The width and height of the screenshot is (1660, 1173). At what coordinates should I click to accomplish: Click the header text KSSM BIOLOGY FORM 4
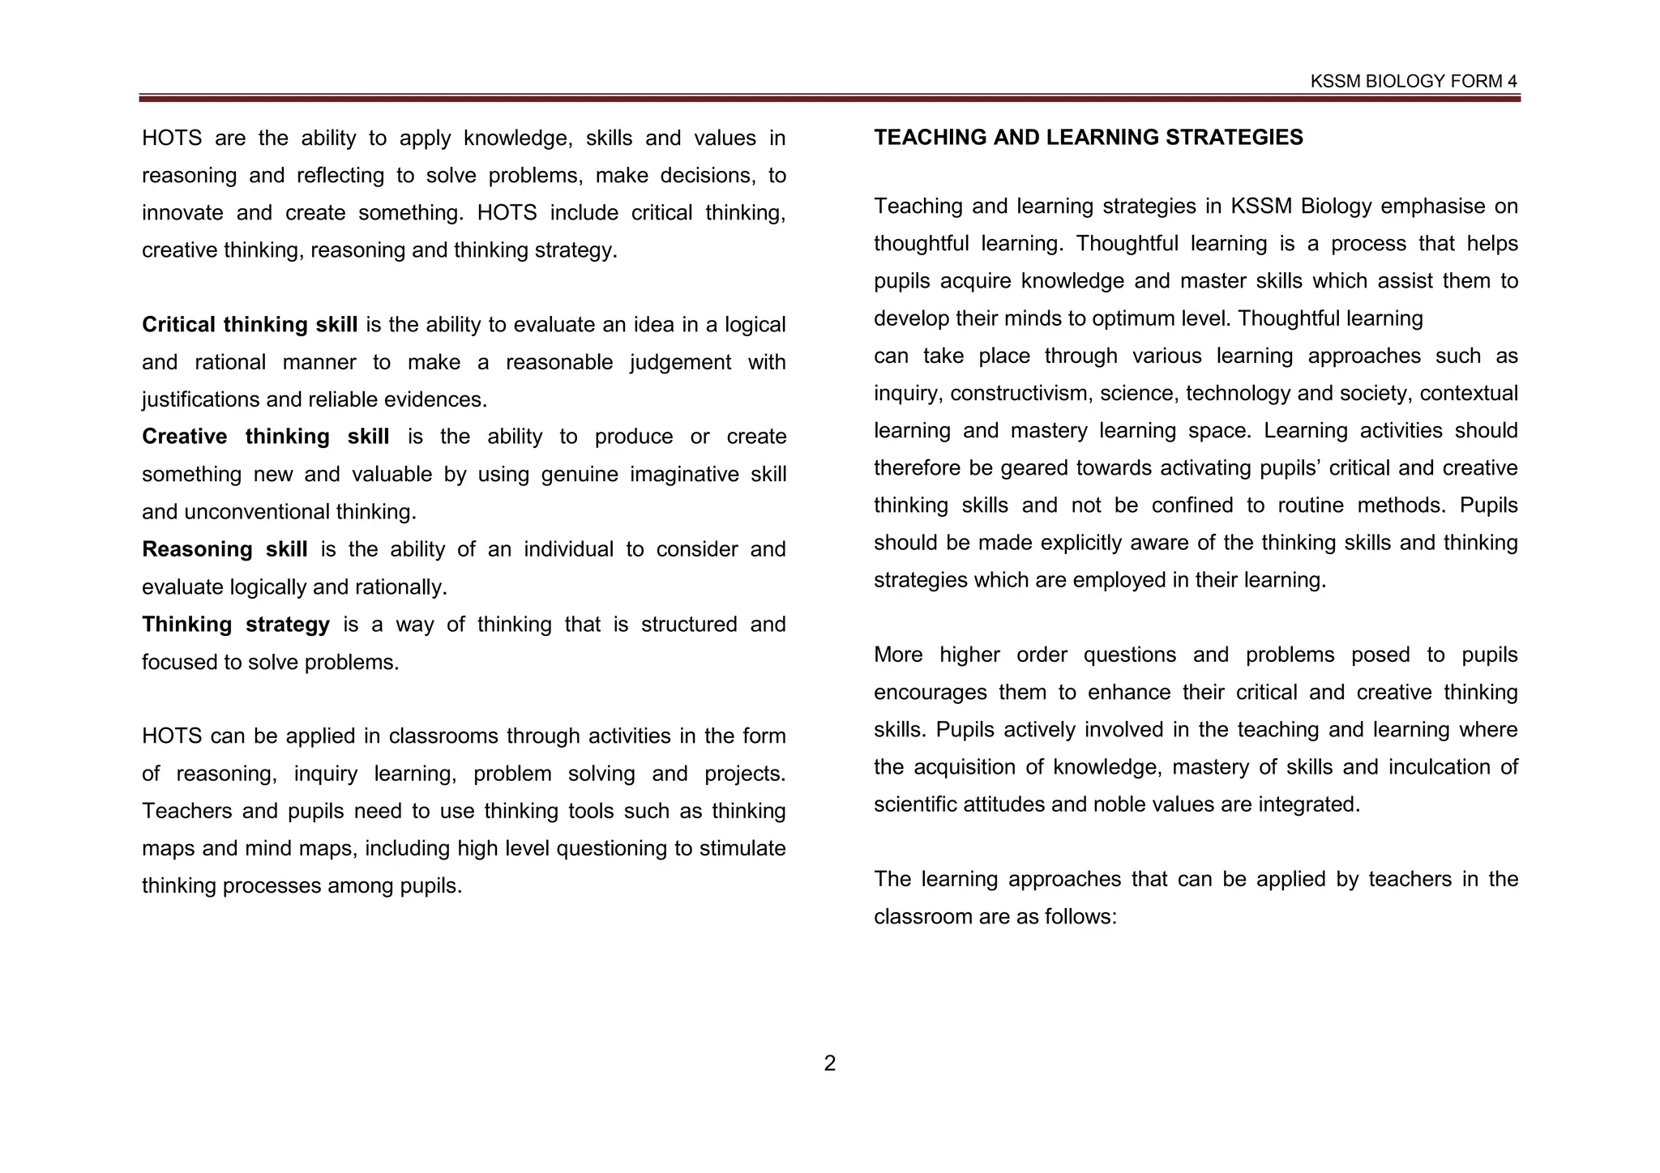pyautogui.click(x=1414, y=81)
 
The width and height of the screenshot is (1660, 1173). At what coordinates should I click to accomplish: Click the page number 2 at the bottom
pyautogui.click(x=829, y=1063)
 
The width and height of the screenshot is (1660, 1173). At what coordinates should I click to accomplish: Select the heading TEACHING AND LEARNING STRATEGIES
pyautogui.click(x=1088, y=137)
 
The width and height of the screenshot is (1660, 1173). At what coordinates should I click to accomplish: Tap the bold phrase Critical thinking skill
pyautogui.click(x=250, y=325)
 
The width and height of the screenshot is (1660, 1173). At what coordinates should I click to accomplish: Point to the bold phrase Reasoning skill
pyautogui.click(x=225, y=549)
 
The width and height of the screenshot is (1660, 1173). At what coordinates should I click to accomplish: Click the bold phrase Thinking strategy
pyautogui.click(x=236, y=625)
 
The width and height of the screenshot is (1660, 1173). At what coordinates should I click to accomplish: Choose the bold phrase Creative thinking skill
pyautogui.click(x=265, y=437)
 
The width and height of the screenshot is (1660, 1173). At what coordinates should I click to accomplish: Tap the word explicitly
pyautogui.click(x=1091, y=543)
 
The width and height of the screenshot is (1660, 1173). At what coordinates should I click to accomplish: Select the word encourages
pyautogui.click(x=927, y=693)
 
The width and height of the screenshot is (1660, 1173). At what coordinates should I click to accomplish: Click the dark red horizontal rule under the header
pyautogui.click(x=829, y=98)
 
